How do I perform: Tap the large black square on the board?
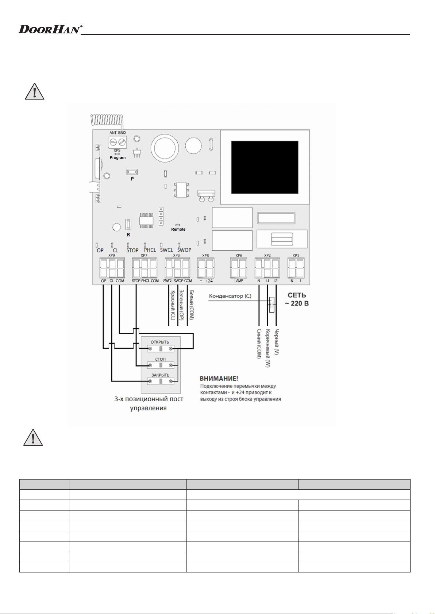click(265, 167)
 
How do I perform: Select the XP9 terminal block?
click(112, 268)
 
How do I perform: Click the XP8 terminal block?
click(205, 268)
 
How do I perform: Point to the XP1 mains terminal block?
click(296, 268)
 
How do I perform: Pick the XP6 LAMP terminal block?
click(239, 268)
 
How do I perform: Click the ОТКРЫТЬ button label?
click(160, 342)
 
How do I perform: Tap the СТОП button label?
click(160, 359)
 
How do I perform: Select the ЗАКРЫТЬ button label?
click(161, 375)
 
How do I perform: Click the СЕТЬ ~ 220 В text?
click(297, 299)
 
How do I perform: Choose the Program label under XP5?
click(118, 158)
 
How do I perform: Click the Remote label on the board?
click(178, 229)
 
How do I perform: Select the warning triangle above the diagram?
click(35, 91)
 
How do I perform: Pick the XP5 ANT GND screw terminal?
click(118, 141)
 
